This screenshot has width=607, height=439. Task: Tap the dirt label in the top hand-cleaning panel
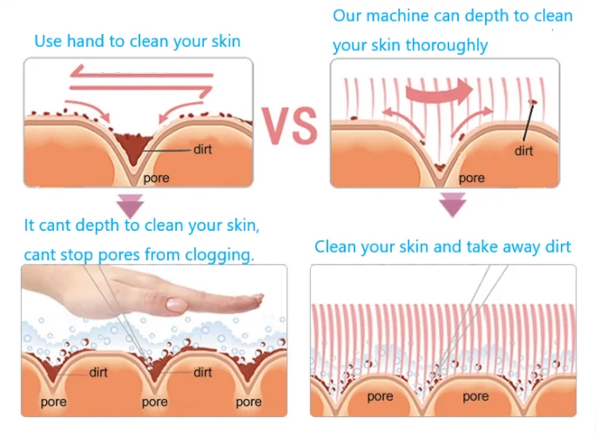coord(202,150)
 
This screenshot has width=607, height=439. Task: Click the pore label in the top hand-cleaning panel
coord(156,178)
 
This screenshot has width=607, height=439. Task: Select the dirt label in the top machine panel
coord(523,151)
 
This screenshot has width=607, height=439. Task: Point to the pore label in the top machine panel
coord(471,178)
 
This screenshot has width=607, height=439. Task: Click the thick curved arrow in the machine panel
coord(440,91)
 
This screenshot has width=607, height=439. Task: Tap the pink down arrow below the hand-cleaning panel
coord(131,206)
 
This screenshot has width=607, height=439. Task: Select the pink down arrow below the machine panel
coord(452,206)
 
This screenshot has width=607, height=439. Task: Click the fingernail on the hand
coord(177,305)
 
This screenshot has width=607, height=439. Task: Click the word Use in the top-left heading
coord(48,41)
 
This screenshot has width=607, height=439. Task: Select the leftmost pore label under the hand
coord(54,402)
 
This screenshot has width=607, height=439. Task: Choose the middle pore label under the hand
coord(154,402)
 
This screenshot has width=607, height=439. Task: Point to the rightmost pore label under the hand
coord(248,402)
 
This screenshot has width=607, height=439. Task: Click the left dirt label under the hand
coord(98,372)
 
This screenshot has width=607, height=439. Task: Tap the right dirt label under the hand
coord(203,372)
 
